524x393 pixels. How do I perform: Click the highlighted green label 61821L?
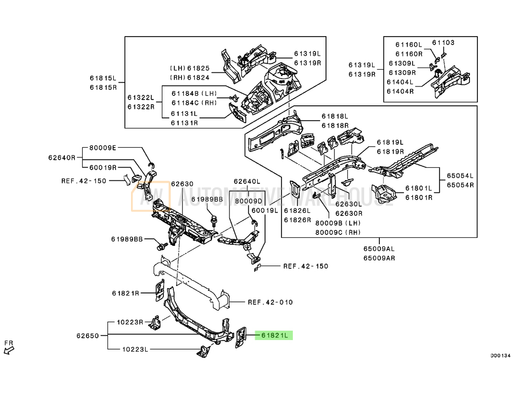[274, 335]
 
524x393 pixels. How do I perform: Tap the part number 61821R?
[125, 293]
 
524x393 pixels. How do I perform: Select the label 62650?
[88, 335]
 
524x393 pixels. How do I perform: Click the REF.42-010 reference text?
[270, 302]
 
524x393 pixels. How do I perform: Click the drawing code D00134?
[500, 356]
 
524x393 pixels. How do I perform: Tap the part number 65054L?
[460, 176]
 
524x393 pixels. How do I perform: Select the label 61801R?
[418, 198]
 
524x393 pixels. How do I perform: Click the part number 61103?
[443, 43]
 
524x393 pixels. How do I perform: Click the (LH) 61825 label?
[189, 68]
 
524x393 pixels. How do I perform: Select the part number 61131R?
[183, 123]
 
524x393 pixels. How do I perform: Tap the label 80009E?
[102, 148]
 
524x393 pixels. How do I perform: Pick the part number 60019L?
[264, 210]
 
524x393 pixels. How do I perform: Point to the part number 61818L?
[335, 117]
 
